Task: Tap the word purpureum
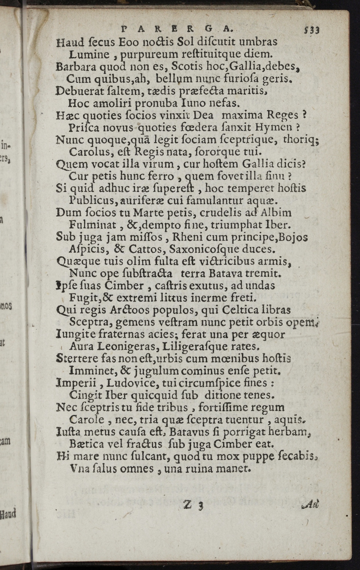point(145,54)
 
